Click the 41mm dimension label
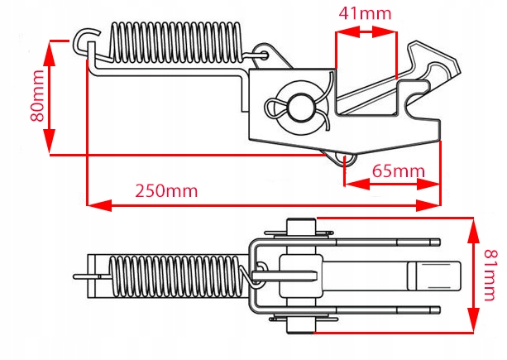coord(364,13)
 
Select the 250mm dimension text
coord(168,190)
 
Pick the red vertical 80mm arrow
coord(51,98)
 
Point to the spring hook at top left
coord(86,38)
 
